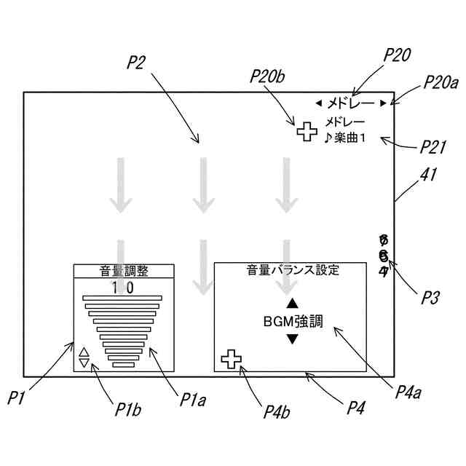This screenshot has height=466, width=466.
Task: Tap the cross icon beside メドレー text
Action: click(x=307, y=131)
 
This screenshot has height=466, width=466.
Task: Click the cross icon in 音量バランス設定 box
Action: click(x=231, y=358)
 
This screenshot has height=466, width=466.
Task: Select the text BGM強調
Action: click(x=291, y=320)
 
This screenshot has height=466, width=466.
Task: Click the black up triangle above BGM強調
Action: click(x=291, y=303)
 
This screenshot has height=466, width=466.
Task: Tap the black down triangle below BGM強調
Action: click(x=291, y=339)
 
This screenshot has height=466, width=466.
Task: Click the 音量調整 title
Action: click(x=124, y=271)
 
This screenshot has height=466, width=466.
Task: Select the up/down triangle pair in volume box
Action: click(x=84, y=357)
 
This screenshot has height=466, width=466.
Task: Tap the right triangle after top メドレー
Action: click(x=383, y=103)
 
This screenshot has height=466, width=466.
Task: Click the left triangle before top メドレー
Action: click(x=318, y=103)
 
